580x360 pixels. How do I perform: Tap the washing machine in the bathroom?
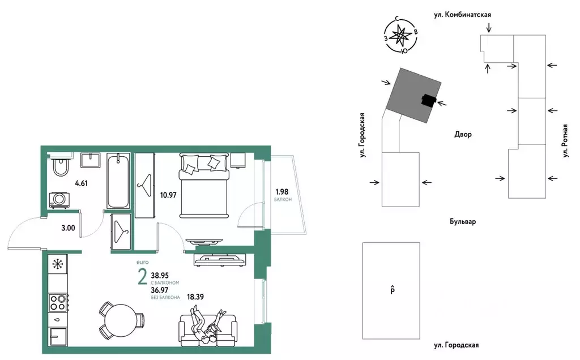click(59, 200)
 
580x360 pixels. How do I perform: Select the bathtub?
click(118, 181)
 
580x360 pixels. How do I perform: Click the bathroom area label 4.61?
click(81, 183)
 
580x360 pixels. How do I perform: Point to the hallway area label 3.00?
click(68, 228)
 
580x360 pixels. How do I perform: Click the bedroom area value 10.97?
click(168, 195)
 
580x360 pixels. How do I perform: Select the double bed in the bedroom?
click(203, 185)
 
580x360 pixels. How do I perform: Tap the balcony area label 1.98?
click(282, 192)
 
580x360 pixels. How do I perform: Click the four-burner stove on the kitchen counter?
click(58, 302)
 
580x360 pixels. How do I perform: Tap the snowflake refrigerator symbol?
click(57, 264)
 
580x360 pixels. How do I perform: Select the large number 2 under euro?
click(142, 278)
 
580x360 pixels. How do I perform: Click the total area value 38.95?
click(160, 275)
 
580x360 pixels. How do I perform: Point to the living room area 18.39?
click(195, 297)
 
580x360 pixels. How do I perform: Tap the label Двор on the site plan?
click(463, 134)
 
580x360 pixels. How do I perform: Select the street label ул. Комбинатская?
click(462, 15)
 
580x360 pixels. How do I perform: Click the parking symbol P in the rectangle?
click(393, 290)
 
